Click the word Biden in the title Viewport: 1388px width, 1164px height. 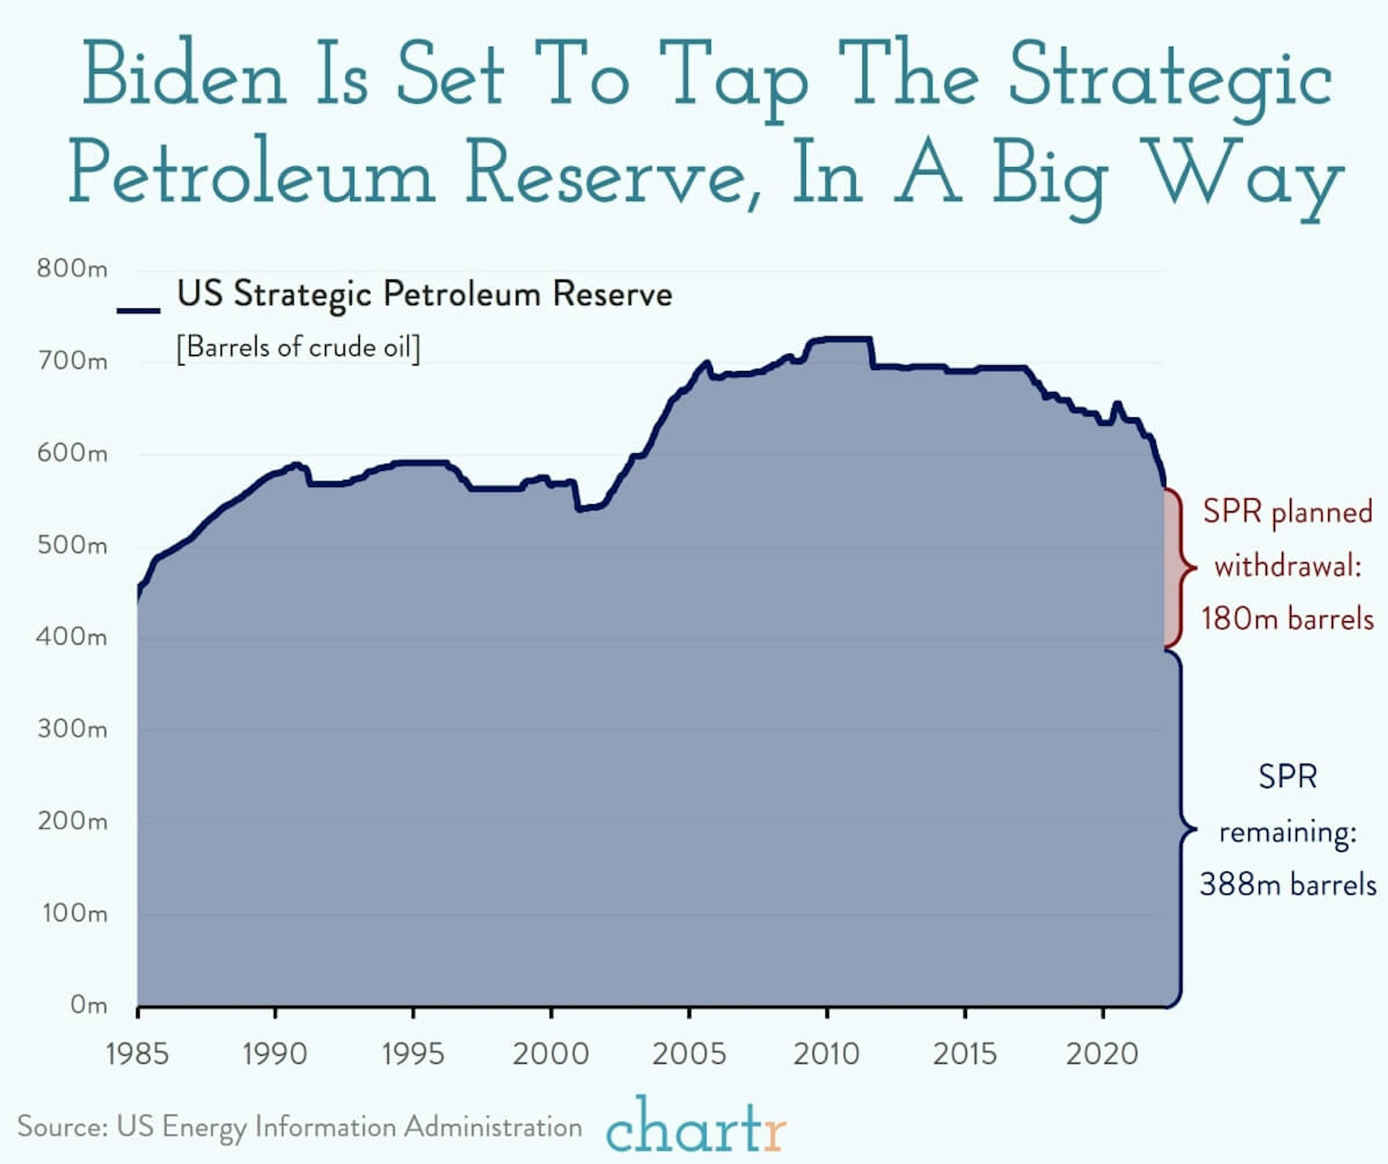click(x=184, y=74)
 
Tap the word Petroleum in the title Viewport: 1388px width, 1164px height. click(x=251, y=173)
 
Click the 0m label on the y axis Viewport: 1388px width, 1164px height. click(x=88, y=1005)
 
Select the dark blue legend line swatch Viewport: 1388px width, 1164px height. click(x=138, y=310)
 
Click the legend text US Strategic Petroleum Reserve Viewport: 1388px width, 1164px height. click(x=424, y=294)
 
